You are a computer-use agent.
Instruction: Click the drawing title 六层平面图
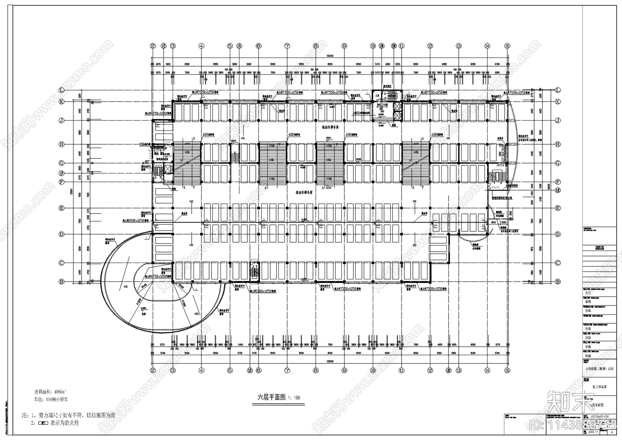(x=271, y=398)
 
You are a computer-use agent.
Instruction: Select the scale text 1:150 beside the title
(x=294, y=398)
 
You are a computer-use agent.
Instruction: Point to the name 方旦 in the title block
(x=588, y=293)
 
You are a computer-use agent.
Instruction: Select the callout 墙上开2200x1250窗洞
(x=136, y=221)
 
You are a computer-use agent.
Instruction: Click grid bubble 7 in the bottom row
(x=287, y=371)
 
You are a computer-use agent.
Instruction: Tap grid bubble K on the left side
(x=61, y=102)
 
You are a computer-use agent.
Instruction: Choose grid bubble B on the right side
(x=558, y=281)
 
